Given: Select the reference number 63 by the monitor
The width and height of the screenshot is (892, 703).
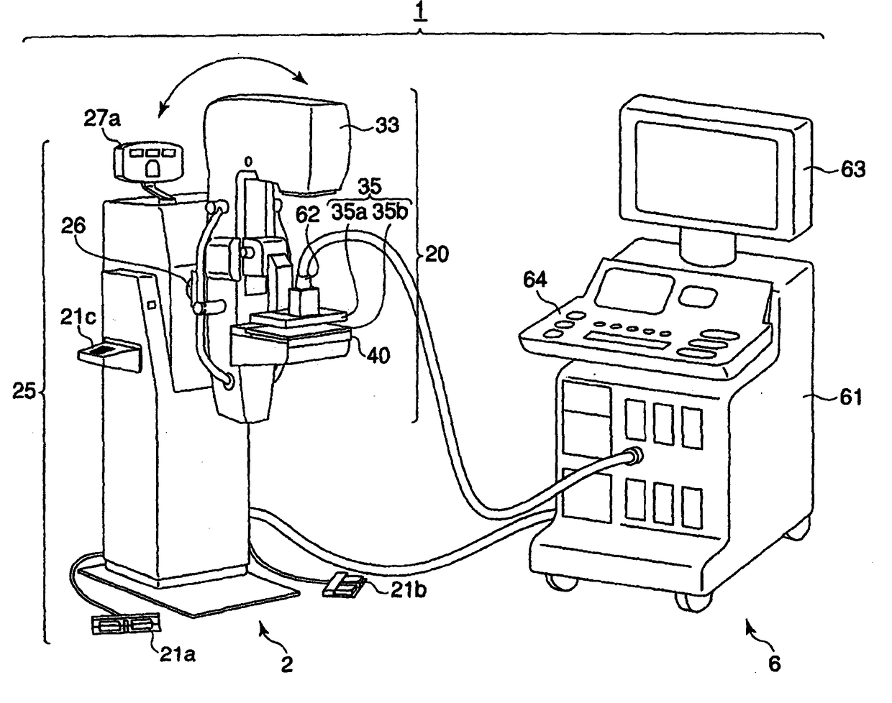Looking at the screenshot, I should pyautogui.click(x=850, y=170).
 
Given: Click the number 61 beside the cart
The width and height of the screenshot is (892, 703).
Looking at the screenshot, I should pyautogui.click(x=850, y=397).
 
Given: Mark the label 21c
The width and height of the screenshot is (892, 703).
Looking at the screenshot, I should pyautogui.click(x=86, y=317).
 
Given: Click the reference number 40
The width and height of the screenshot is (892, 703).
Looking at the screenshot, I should pyautogui.click(x=376, y=355).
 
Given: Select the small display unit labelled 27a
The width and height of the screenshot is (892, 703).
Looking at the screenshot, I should pyautogui.click(x=148, y=160).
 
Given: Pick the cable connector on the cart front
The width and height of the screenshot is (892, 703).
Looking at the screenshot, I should pyautogui.click(x=634, y=454).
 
